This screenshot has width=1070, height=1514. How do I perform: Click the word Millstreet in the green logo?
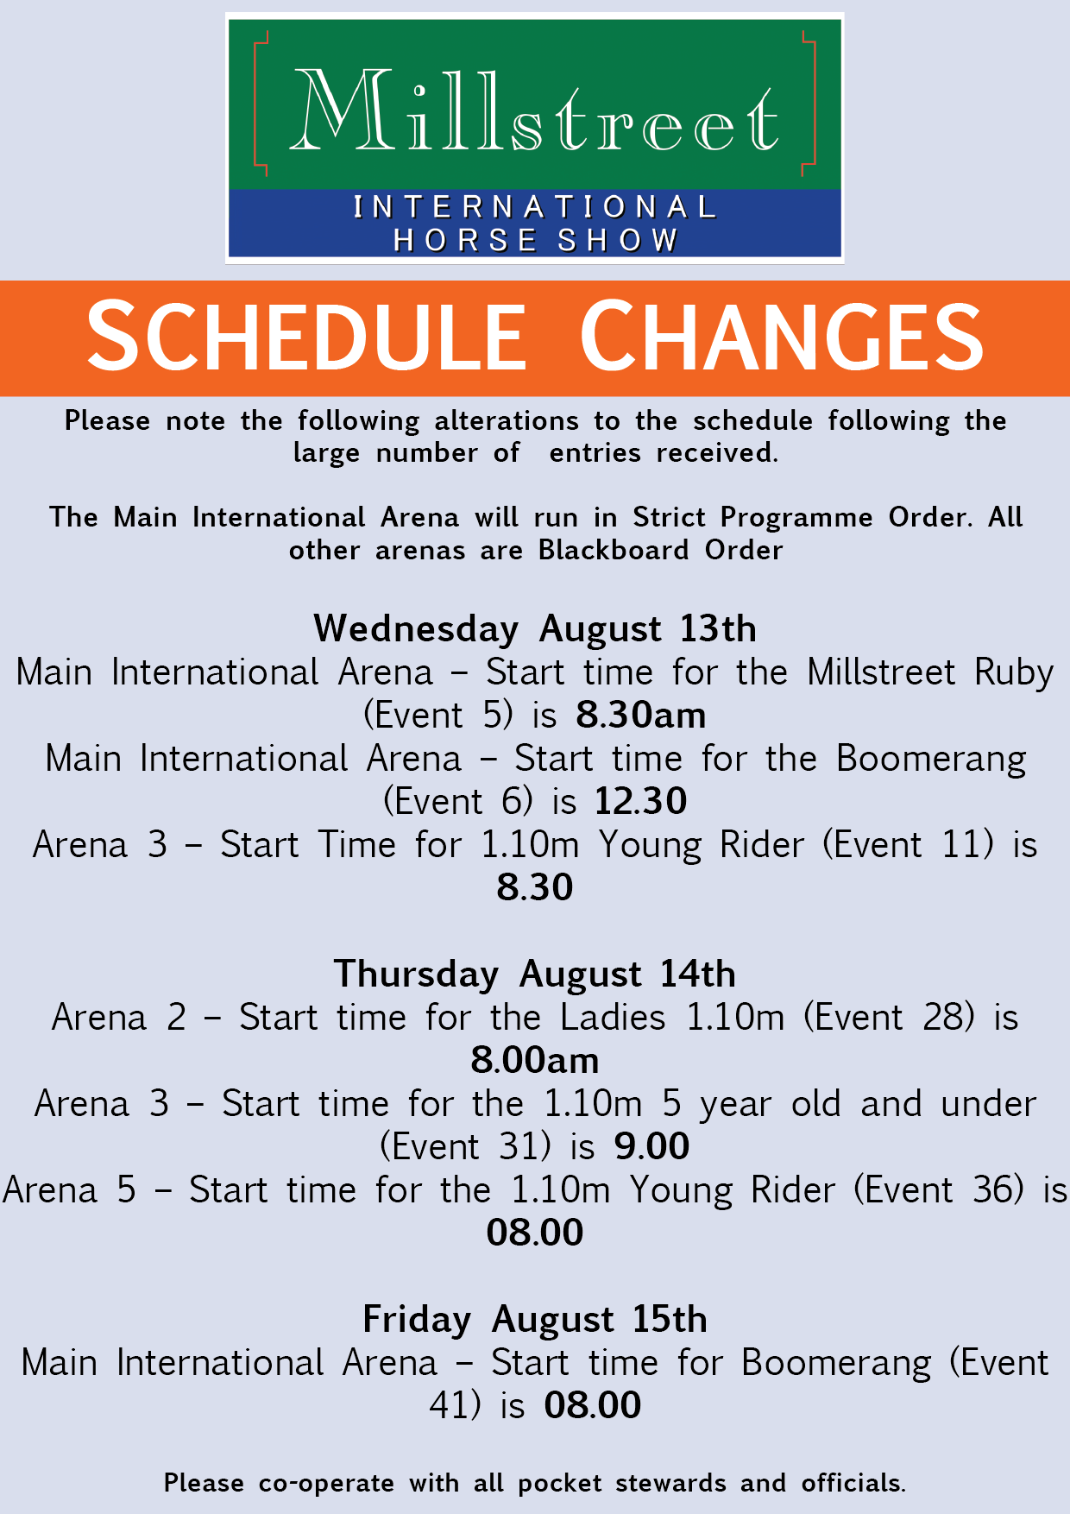(535, 110)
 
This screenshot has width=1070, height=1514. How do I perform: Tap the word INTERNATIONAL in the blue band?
(535, 207)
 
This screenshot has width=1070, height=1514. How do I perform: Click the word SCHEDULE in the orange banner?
(306, 336)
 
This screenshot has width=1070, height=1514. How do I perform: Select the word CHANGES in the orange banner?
(782, 336)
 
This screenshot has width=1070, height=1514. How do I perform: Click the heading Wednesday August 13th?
(535, 629)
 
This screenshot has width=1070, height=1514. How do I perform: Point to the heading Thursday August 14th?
(535, 975)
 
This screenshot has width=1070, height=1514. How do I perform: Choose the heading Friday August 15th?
(535, 1320)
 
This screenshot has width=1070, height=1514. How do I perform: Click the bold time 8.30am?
(641, 715)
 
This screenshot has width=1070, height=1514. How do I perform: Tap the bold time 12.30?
(641, 801)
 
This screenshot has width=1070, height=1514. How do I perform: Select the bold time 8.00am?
(535, 1060)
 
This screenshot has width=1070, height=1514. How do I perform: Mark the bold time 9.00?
(652, 1146)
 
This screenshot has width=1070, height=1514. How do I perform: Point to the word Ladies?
(613, 1017)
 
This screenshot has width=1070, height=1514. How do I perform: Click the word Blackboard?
(614, 550)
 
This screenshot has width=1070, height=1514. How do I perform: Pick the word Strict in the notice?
(669, 517)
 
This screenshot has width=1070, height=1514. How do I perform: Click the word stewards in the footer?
(670, 1483)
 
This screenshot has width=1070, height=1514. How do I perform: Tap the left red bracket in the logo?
(256, 104)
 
